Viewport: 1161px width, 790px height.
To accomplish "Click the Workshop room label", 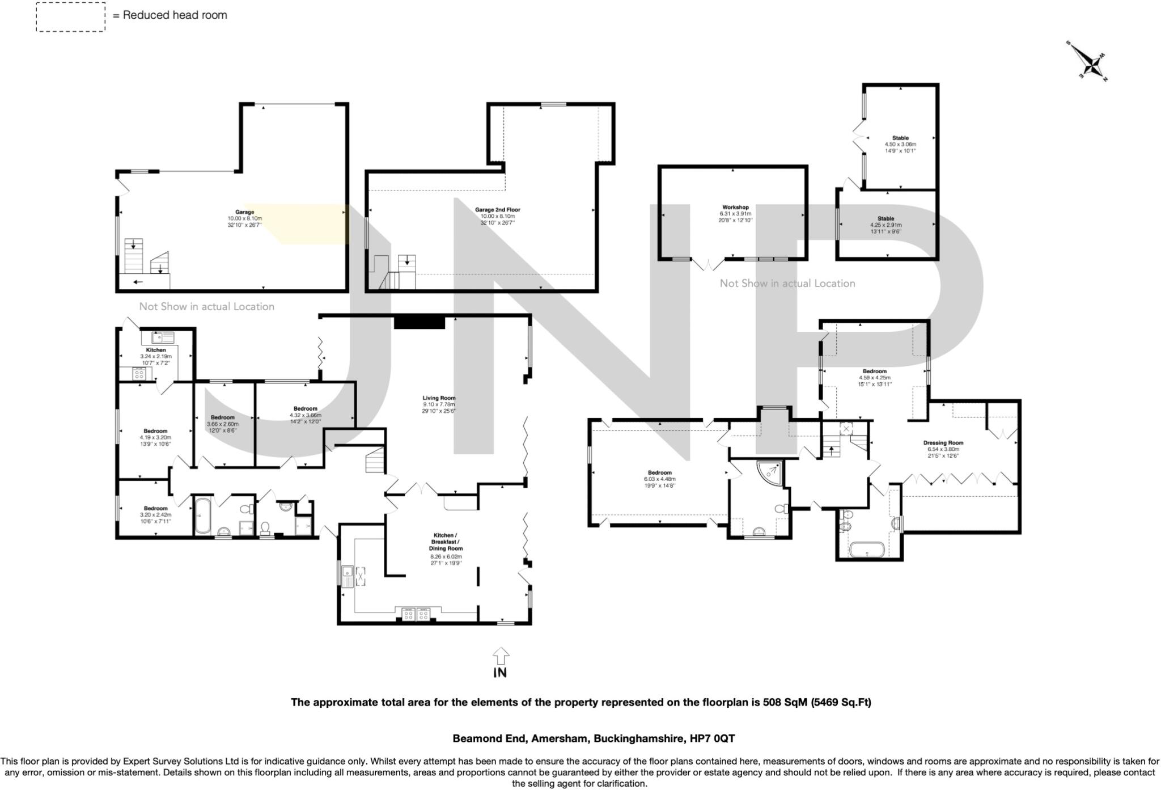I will click(735, 208).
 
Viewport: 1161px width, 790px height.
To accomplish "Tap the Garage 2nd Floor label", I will click(497, 210).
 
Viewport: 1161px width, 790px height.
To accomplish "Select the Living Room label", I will click(439, 398).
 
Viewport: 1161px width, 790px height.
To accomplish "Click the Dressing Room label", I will click(943, 443).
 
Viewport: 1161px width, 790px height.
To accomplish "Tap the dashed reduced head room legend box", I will click(71, 17).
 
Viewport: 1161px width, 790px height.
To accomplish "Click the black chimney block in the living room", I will click(420, 322).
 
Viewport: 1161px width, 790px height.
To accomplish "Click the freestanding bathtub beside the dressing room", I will click(866, 548).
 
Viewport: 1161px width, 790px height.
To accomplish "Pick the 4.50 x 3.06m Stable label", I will click(900, 138).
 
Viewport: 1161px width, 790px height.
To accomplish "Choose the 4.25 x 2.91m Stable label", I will click(885, 218).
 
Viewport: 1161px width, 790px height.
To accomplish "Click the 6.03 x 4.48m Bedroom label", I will click(659, 472).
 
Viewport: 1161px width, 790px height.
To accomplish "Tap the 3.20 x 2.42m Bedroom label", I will click(155, 508).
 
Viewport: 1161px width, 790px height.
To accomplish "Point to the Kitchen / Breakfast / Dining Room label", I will click(444, 542).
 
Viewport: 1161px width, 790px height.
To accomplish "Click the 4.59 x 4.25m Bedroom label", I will click(874, 371).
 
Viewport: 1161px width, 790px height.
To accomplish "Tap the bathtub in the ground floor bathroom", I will click(203, 515).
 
